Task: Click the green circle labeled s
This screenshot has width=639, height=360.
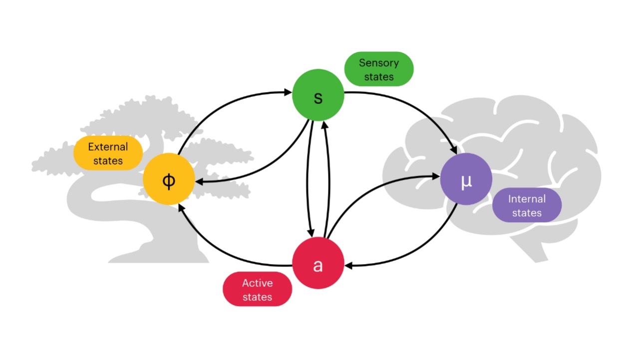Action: click(318, 95)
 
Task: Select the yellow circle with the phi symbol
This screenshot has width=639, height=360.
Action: click(169, 179)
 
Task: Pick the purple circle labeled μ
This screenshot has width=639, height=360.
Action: click(466, 179)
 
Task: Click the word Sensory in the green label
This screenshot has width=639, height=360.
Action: click(379, 63)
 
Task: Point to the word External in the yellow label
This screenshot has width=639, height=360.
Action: click(108, 147)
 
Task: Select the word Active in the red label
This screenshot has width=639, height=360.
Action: click(257, 283)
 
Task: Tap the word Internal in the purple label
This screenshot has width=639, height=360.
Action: click(527, 199)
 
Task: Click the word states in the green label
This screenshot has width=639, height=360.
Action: click(379, 77)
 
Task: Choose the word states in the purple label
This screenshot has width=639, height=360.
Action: click(527, 213)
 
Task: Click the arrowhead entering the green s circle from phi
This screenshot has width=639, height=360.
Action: click(288, 92)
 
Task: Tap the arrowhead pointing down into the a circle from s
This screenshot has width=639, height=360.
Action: click(312, 233)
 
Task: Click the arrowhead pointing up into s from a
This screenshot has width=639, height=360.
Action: click(324, 125)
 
